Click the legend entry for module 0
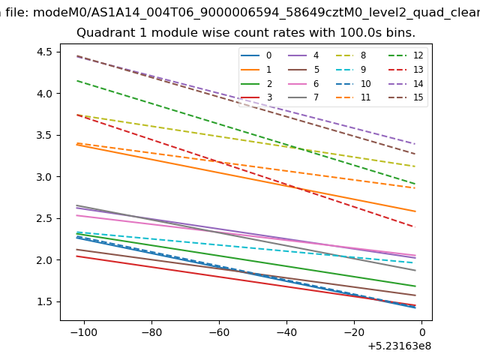[256, 55]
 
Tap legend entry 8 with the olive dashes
[351, 55]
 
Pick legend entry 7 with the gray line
[303, 97]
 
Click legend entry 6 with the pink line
[303, 83]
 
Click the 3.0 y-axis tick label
[44, 177]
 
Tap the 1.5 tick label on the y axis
[44, 301]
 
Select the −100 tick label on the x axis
[83, 332]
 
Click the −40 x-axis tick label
[286, 332]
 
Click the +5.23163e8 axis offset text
[400, 346]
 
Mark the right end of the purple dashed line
[415, 143]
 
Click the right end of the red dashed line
[415, 227]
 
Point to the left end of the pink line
[76, 215]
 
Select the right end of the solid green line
[415, 286]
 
